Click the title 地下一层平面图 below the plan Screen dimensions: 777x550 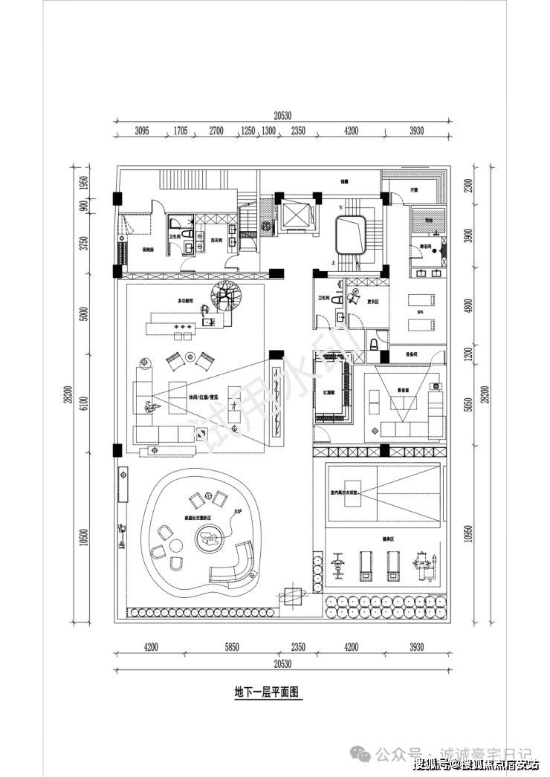point(266,692)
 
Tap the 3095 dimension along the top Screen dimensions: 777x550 point(143,131)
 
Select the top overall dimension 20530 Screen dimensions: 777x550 point(282,115)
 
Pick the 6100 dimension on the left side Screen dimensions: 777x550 point(85,405)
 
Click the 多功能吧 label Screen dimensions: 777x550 point(184,301)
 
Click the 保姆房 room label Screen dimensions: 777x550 point(147,250)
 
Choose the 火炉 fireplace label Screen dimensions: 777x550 point(238,511)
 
